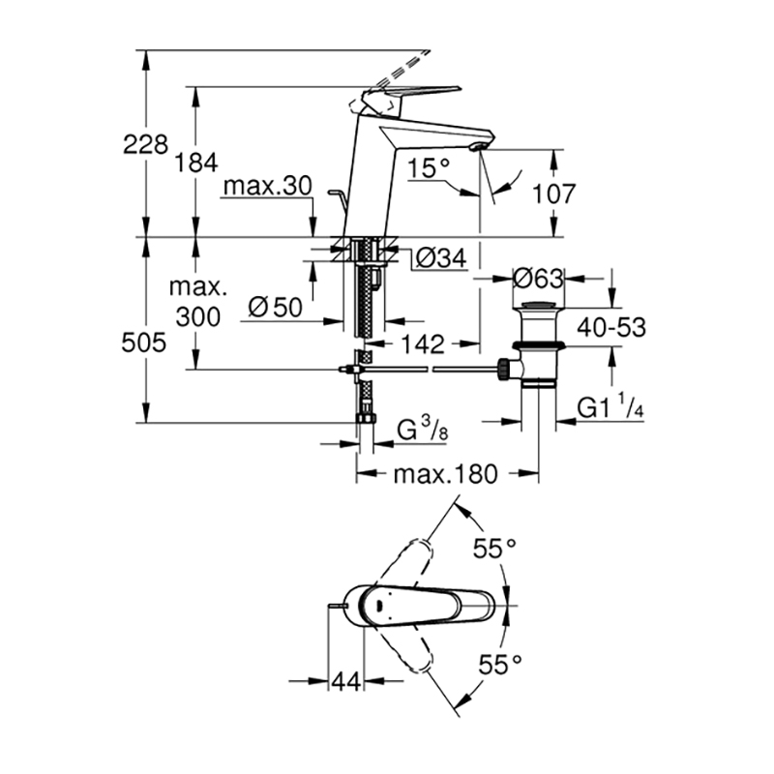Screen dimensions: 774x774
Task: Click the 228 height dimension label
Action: coord(145,145)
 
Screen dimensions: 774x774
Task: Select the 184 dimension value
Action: coord(196,163)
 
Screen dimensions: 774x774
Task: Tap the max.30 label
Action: coord(268,186)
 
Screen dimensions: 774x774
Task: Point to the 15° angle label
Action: coord(429,168)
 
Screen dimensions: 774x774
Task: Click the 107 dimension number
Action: coord(553,194)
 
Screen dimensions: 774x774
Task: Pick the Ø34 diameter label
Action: coord(441,257)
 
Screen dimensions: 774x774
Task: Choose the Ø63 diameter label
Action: coord(538,279)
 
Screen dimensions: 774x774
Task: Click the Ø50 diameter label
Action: coord(275,308)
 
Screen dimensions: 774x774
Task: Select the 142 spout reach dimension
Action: coord(423,343)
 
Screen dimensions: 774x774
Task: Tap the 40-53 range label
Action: coord(611,327)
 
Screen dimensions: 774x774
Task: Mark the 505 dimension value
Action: coord(143,342)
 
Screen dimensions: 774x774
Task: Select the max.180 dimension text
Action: coord(446,474)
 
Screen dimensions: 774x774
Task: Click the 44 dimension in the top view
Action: coord(346,683)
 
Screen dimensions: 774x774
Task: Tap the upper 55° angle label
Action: coord(494,548)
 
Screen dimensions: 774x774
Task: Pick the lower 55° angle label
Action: coord(500,665)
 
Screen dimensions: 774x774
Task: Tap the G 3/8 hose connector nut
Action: coord(366,419)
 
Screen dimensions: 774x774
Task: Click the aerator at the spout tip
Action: coord(478,147)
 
